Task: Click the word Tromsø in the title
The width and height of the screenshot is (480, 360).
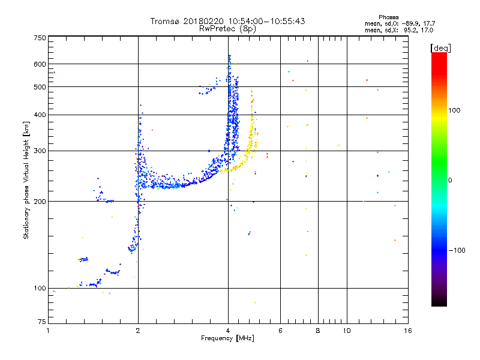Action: [166, 21]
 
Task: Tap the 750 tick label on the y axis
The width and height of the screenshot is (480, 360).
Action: [40, 37]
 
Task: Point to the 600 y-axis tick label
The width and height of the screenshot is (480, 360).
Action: [40, 64]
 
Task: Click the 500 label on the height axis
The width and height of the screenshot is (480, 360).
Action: [40, 87]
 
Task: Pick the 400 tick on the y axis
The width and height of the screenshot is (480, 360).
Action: [40, 115]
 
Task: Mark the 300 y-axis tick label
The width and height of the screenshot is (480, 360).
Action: [40, 151]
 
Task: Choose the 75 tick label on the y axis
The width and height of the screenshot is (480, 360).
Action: [41, 322]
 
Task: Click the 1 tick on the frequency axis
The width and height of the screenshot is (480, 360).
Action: [48, 331]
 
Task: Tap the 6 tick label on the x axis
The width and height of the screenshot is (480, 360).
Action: [280, 331]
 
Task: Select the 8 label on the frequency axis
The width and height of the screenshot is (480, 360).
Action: [318, 331]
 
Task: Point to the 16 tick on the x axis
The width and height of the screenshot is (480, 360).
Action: [408, 331]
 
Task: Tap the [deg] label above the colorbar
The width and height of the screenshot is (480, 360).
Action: [440, 47]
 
